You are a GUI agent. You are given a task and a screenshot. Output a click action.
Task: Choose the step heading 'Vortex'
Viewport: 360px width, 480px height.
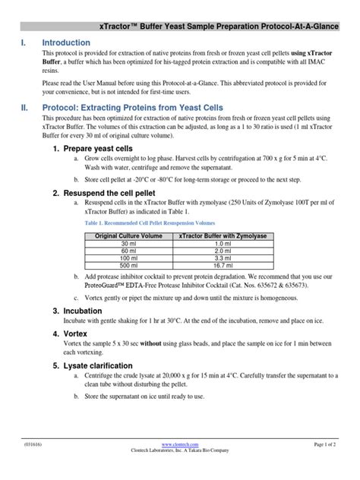76,333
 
